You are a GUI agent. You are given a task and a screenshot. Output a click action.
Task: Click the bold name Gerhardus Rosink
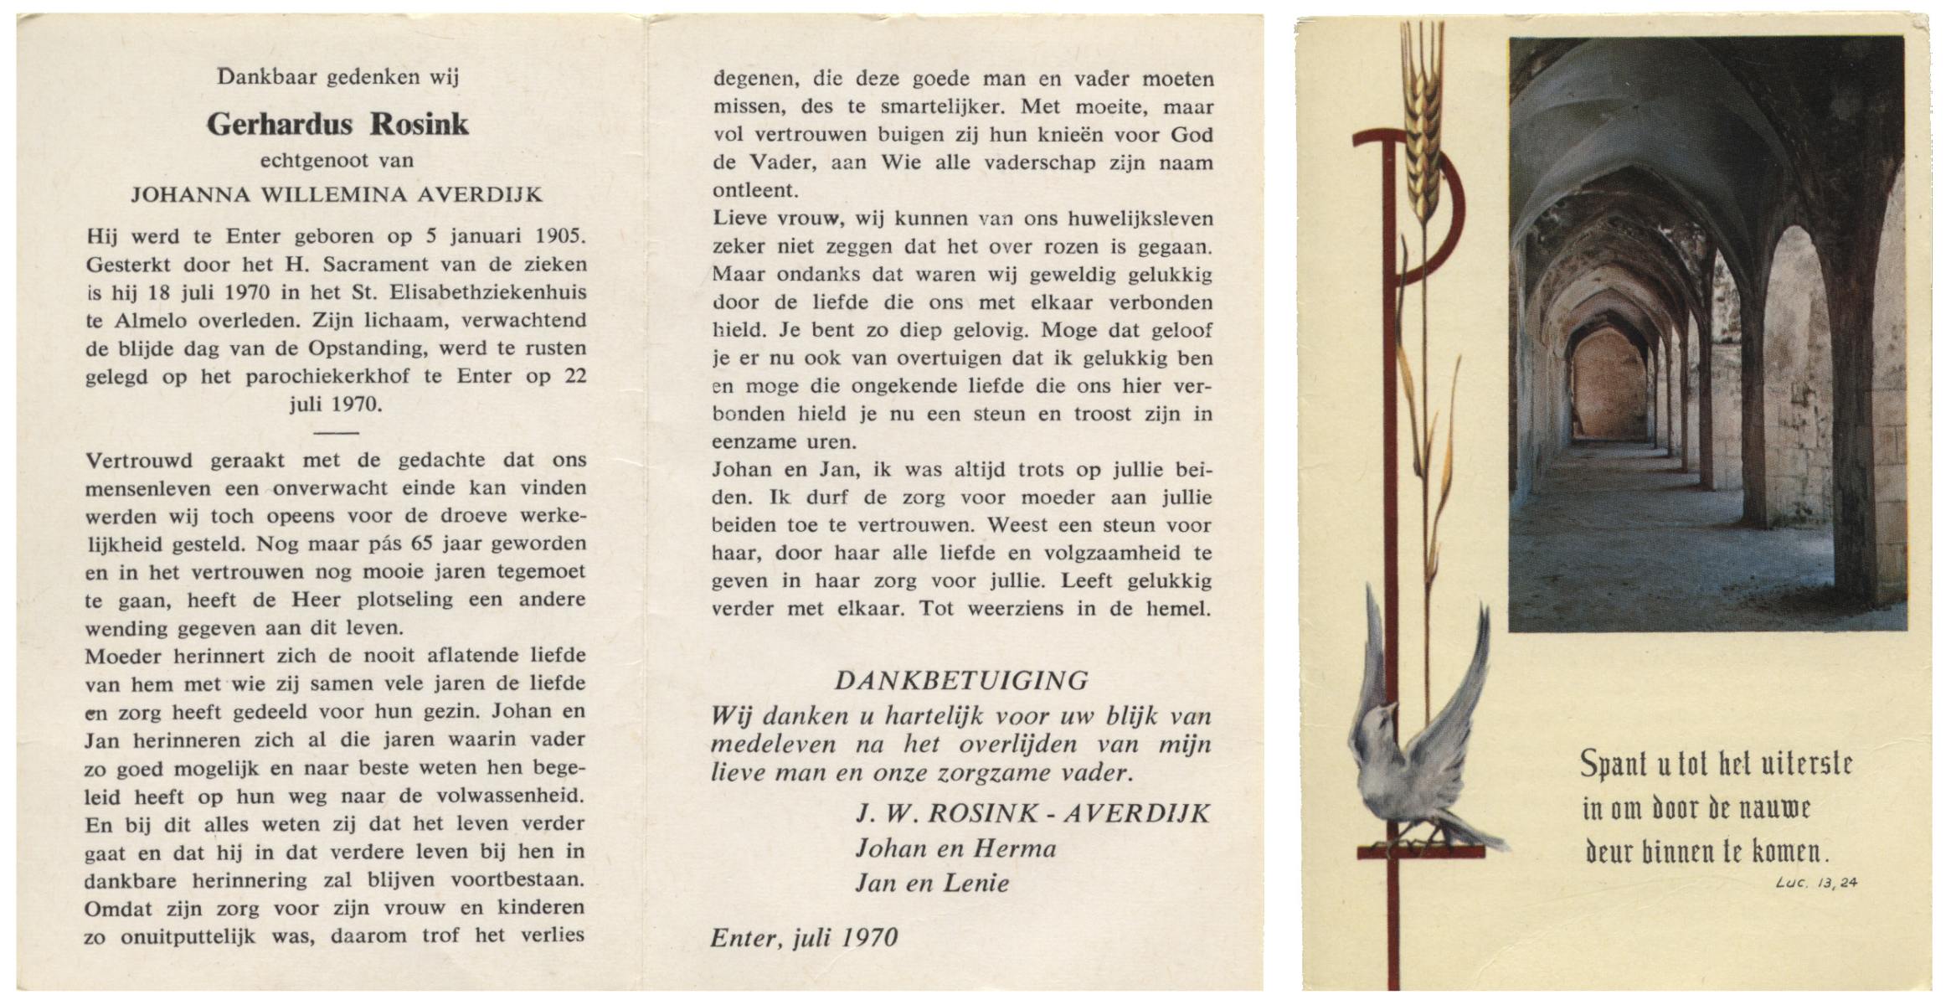click(x=337, y=124)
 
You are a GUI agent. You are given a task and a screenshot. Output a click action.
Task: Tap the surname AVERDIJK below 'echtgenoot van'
click(x=480, y=195)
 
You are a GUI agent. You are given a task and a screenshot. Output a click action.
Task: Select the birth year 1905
click(x=559, y=236)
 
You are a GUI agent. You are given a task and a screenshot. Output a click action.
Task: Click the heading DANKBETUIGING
click(x=961, y=680)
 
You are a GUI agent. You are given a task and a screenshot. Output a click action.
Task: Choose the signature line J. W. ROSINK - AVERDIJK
click(x=1032, y=812)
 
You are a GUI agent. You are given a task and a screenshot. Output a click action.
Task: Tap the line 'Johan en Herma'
click(x=955, y=848)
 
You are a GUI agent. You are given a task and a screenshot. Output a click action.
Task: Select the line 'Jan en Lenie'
click(x=931, y=883)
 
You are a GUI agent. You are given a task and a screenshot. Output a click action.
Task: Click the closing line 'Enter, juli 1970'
click(x=804, y=937)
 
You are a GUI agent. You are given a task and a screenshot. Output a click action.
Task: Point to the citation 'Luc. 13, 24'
click(x=1815, y=882)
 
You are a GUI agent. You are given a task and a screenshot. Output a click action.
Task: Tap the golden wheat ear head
click(x=1423, y=117)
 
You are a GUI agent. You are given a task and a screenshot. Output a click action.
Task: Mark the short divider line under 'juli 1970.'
click(x=337, y=433)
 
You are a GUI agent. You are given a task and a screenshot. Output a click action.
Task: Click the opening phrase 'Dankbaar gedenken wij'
click(x=337, y=77)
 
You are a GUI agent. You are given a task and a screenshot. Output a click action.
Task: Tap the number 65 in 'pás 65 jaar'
click(x=421, y=544)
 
